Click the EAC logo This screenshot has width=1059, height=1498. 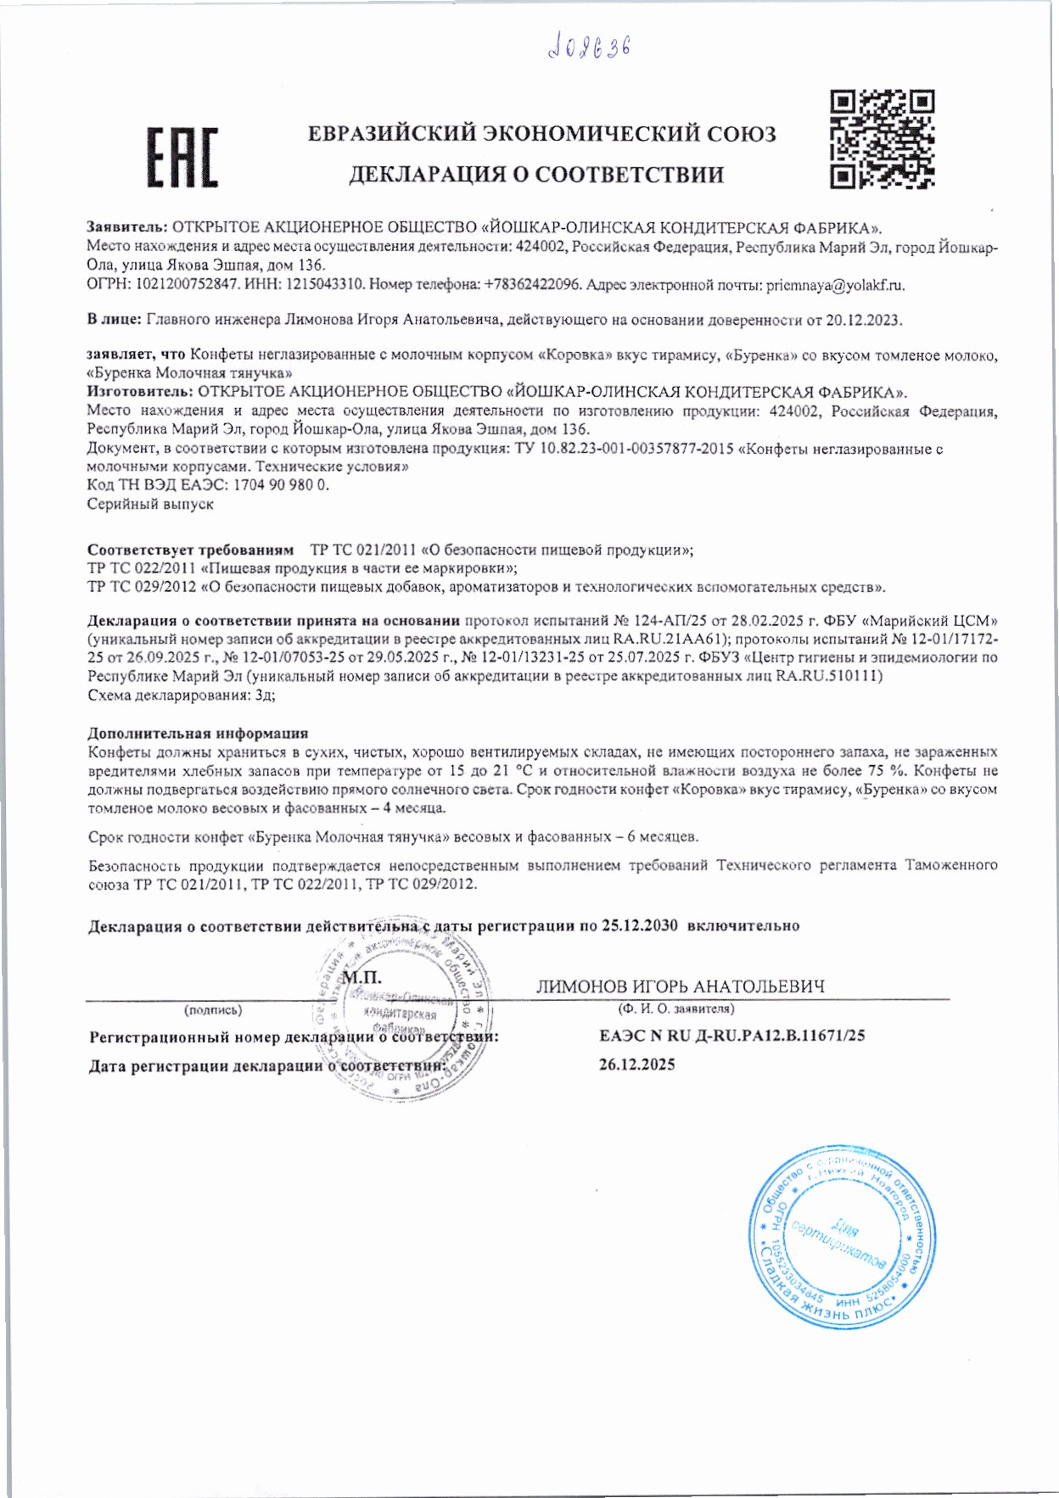182,157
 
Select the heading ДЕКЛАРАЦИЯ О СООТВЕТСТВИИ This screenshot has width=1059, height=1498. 536,175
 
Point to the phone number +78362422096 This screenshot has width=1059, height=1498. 533,286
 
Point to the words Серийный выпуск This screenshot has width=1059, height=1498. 150,504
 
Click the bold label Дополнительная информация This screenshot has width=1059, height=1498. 198,733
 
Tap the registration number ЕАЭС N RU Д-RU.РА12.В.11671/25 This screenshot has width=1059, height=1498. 731,1035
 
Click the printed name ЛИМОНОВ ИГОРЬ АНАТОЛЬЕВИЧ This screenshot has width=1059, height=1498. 680,987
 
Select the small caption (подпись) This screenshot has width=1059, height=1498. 212,1009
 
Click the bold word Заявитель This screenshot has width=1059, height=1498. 127,228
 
